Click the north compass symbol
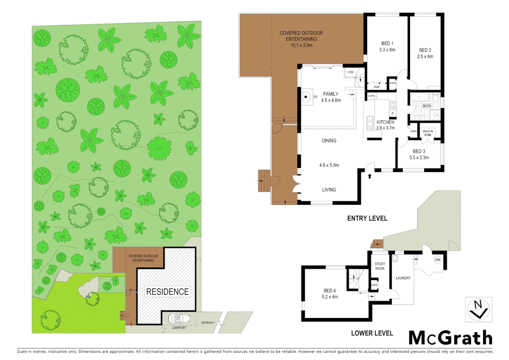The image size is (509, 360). (478, 310)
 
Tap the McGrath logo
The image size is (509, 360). (450, 338)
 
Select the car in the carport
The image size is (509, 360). (179, 319)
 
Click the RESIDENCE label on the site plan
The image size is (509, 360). (168, 292)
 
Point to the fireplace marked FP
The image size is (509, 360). (307, 97)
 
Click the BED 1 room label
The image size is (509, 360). (387, 43)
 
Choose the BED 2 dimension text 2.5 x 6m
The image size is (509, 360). (425, 57)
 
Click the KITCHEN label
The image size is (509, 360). (385, 122)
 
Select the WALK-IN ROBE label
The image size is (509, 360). (428, 133)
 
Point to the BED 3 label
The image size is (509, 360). (419, 151)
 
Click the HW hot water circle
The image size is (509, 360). (437, 260)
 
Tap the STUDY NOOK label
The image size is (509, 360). (380, 266)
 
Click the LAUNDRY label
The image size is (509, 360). (403, 278)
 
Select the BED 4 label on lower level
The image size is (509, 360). (329, 291)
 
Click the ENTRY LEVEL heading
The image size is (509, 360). (367, 218)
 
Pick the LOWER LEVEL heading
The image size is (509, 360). (372, 333)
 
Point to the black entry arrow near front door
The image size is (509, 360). (369, 176)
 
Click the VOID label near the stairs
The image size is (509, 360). (350, 72)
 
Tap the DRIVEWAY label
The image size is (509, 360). (208, 323)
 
